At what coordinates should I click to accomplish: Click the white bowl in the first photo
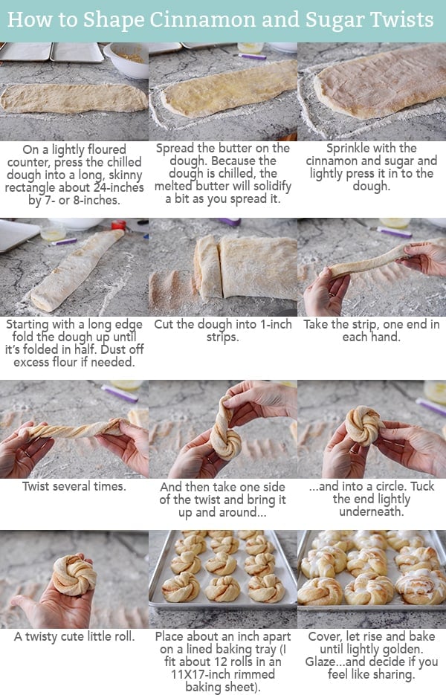click(126, 59)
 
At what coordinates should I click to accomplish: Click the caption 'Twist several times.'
click(74, 486)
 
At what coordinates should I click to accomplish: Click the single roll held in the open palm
click(74, 575)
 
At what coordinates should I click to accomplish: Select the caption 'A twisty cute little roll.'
click(74, 636)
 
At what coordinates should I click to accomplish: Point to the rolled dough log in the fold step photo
click(74, 271)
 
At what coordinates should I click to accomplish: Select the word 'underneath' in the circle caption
click(371, 512)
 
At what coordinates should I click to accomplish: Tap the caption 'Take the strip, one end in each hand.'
click(371, 332)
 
